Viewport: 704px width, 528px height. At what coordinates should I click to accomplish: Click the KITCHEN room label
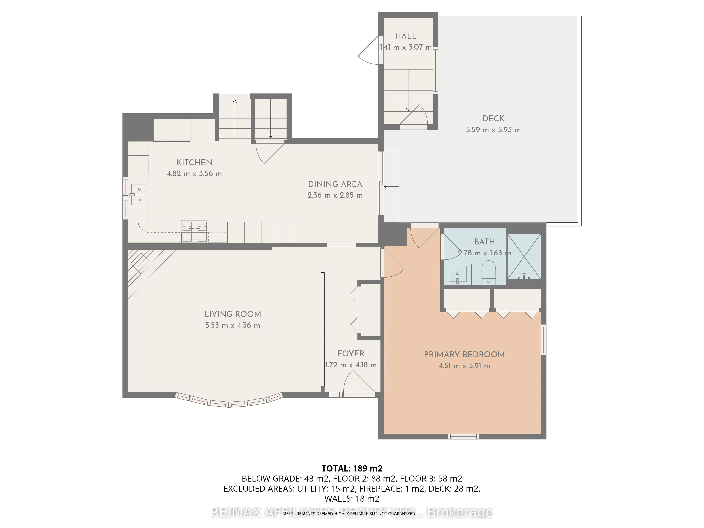click(x=194, y=162)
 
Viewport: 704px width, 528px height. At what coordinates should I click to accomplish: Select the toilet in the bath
click(x=489, y=272)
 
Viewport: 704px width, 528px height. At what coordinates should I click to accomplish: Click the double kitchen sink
click(x=139, y=194)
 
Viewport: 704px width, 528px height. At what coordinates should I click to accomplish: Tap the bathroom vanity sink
click(x=458, y=274)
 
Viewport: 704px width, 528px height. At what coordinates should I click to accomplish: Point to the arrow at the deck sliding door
click(x=391, y=187)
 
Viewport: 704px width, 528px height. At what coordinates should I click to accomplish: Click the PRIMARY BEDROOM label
click(x=464, y=354)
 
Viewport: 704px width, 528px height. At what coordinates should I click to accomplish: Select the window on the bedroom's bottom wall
click(x=463, y=436)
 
